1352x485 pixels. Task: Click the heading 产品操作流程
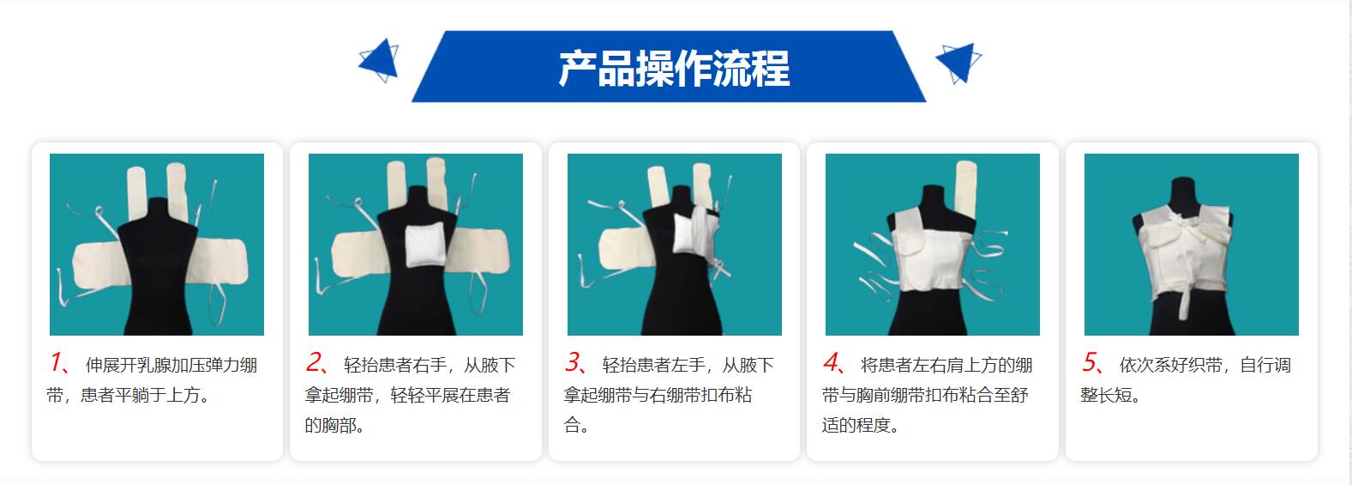674,69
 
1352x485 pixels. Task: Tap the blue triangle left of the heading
380,60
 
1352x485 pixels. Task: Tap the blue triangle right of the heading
958,61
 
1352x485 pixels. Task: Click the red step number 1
56,363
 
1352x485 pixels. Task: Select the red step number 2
315,363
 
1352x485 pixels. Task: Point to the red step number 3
573,363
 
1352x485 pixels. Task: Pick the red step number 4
831,363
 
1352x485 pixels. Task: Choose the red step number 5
1090,363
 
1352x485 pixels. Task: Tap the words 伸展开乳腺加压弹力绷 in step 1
171,366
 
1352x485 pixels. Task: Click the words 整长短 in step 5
1109,396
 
